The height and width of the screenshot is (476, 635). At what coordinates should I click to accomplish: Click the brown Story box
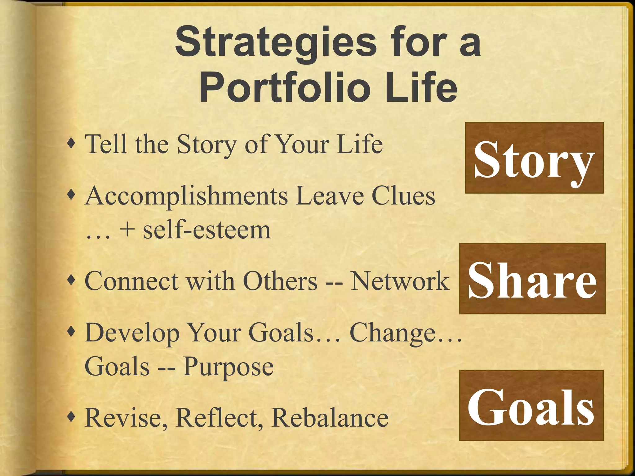[x=534, y=158]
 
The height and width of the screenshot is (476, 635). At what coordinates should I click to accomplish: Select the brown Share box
[x=532, y=279]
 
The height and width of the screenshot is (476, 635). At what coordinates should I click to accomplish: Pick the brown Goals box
[x=531, y=405]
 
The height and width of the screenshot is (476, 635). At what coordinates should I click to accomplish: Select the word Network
[x=400, y=281]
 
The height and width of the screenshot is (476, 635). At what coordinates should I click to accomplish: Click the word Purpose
[x=228, y=367]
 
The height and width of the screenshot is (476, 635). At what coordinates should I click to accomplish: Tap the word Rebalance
[x=330, y=417]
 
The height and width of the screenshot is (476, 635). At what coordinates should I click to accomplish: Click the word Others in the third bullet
[x=280, y=281]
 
